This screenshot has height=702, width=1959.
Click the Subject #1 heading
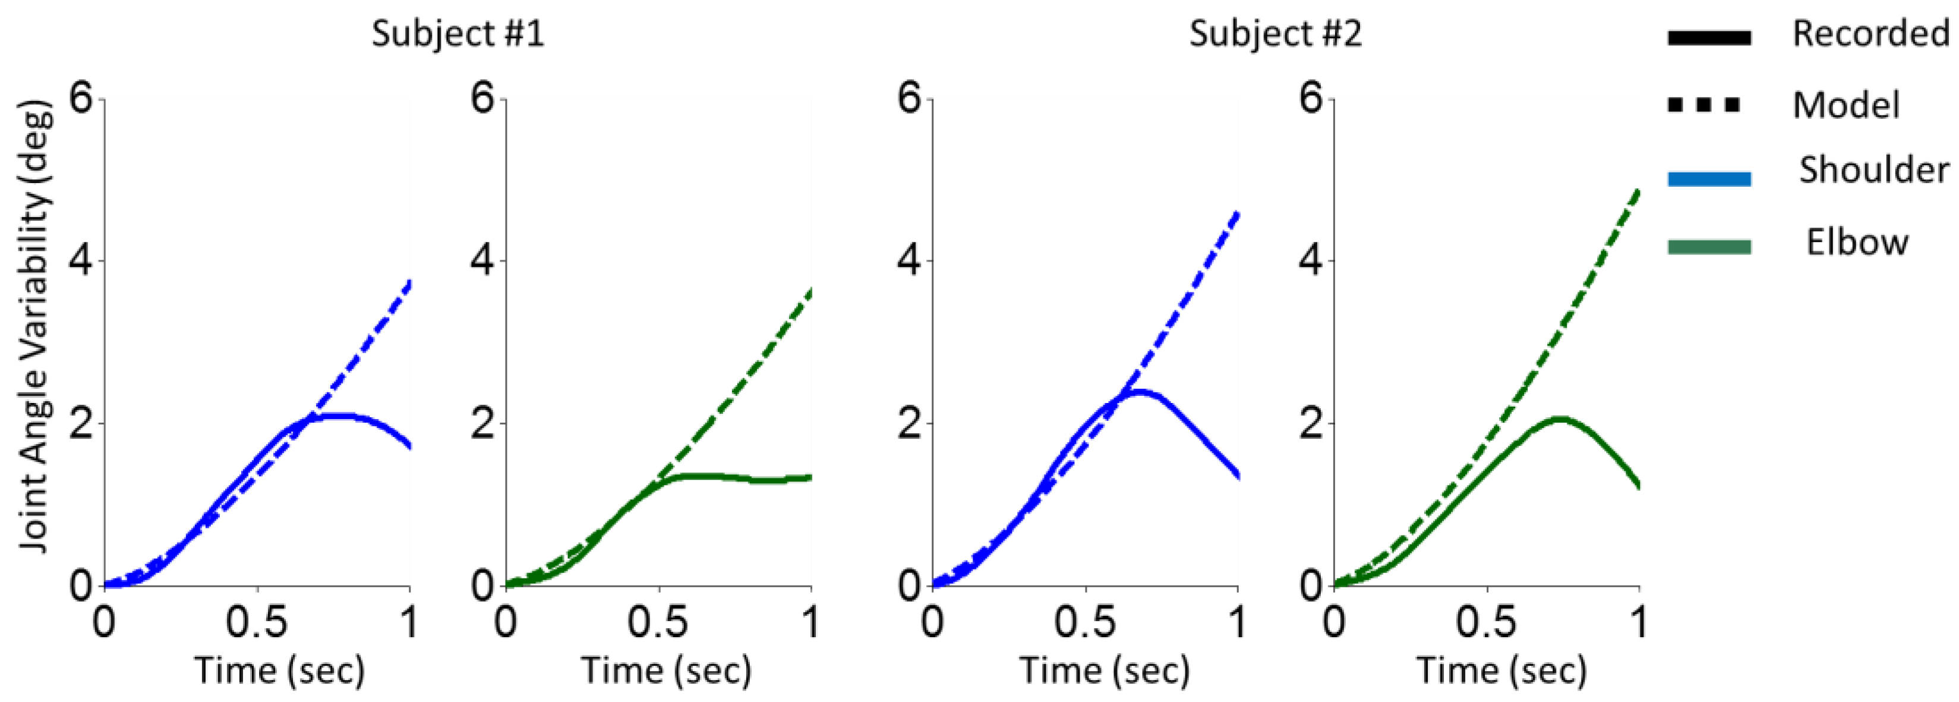pos(458,34)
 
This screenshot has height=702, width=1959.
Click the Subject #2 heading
pos(1275,34)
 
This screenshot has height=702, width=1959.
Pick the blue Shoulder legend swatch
pos(1709,180)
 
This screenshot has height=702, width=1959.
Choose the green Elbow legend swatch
pos(1709,247)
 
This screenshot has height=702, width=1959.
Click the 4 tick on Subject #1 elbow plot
pos(484,261)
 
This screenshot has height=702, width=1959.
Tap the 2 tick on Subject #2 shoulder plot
pos(910,424)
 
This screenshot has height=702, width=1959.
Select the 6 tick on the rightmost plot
pos(1311,99)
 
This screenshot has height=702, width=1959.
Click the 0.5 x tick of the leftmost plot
pos(257,622)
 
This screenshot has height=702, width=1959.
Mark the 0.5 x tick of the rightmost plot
pos(1486,622)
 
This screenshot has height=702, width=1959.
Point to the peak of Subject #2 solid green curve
pos(1559,418)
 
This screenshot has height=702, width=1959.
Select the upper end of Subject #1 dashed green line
pos(810,291)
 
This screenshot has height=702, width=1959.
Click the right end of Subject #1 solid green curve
pos(810,478)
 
